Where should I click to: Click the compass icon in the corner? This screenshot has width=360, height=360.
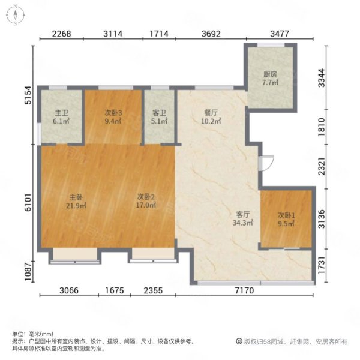point(15,15)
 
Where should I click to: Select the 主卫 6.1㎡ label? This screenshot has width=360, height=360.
point(61,117)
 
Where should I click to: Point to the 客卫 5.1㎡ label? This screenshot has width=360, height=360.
point(159,117)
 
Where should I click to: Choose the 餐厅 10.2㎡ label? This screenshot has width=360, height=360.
point(211,117)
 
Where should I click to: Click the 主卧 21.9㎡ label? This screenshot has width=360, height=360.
point(76,202)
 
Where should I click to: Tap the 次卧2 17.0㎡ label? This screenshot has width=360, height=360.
point(146,201)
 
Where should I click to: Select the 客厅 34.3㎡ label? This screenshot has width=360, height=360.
point(242,218)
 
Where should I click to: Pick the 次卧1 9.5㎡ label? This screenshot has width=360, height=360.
point(286,219)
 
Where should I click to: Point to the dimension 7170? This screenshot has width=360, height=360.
point(245,290)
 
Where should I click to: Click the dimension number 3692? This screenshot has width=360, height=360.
point(211,34)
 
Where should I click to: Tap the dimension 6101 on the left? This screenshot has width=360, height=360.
point(28,202)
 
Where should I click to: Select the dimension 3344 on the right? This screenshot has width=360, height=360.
point(322,78)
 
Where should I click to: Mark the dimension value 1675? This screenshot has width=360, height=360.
point(115,290)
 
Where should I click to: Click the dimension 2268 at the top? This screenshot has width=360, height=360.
point(62,34)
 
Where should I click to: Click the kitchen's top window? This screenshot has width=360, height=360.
point(271,45)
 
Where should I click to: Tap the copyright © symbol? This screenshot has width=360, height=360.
point(239,341)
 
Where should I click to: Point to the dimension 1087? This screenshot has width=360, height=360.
point(28,272)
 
